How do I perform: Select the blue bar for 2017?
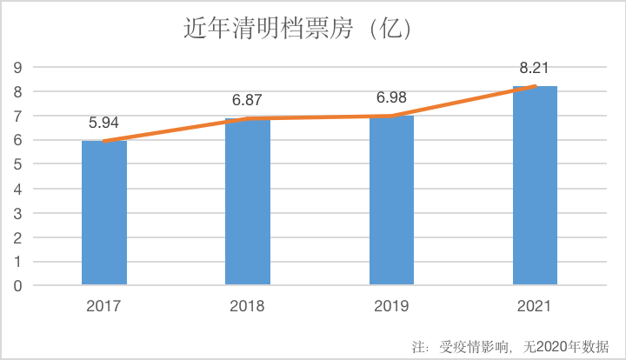click(x=104, y=213)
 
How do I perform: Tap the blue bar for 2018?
click(x=248, y=202)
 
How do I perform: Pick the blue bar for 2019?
click(x=391, y=200)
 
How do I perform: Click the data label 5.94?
click(x=104, y=123)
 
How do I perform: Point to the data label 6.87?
click(x=248, y=100)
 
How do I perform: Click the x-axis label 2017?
click(x=104, y=306)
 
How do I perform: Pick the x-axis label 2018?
click(x=248, y=306)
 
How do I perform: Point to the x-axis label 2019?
click(x=391, y=306)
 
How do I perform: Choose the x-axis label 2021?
click(x=535, y=306)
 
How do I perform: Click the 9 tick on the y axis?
click(x=17, y=68)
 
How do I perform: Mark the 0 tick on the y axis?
click(x=17, y=285)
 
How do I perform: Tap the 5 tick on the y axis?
click(x=17, y=164)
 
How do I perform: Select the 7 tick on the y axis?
click(x=17, y=116)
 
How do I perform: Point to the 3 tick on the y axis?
click(x=17, y=213)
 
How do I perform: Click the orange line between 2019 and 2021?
click(x=463, y=101)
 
